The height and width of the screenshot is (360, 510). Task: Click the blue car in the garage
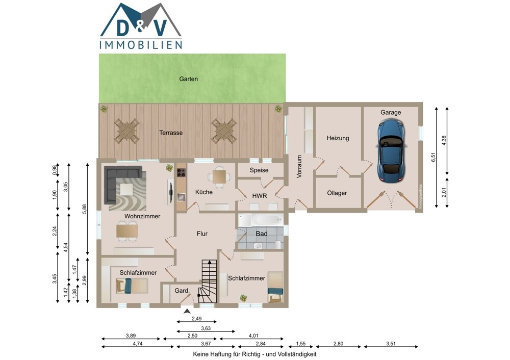pyautogui.click(x=391, y=150)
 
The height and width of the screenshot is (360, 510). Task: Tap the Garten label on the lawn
pyautogui.click(x=188, y=79)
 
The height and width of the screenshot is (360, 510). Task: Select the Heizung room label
pyautogui.click(x=338, y=138)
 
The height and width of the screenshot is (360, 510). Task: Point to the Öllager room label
pyautogui.click(x=337, y=193)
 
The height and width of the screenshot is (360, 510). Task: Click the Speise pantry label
pyautogui.click(x=259, y=170)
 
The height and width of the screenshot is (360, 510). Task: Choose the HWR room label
pyautogui.click(x=260, y=196)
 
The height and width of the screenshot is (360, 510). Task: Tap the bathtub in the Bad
pyautogui.click(x=261, y=220)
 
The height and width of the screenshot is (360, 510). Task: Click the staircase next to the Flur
pyautogui.click(x=209, y=281)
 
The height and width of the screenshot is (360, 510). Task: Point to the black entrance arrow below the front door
pyautogui.click(x=187, y=311)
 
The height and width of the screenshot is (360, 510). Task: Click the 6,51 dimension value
pyautogui.click(x=433, y=157)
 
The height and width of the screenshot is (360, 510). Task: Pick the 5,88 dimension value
pyautogui.click(x=84, y=209)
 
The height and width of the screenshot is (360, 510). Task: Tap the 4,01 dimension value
pyautogui.click(x=253, y=336)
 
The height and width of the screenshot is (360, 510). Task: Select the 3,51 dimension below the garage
pyautogui.click(x=391, y=343)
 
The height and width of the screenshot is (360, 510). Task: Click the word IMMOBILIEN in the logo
pyautogui.click(x=141, y=45)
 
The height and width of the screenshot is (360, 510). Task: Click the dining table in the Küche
pyautogui.click(x=220, y=177)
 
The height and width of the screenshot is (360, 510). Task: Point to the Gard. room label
pyautogui.click(x=182, y=291)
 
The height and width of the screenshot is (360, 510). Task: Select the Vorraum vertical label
pyautogui.click(x=299, y=166)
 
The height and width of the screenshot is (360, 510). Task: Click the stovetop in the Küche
pyautogui.click(x=182, y=173)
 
